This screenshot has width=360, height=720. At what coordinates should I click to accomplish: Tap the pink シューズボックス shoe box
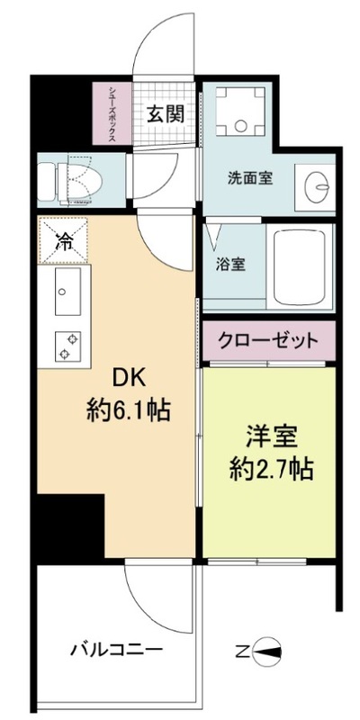(x=112, y=112)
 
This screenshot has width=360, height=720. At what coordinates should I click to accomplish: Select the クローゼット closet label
(x=267, y=341)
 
